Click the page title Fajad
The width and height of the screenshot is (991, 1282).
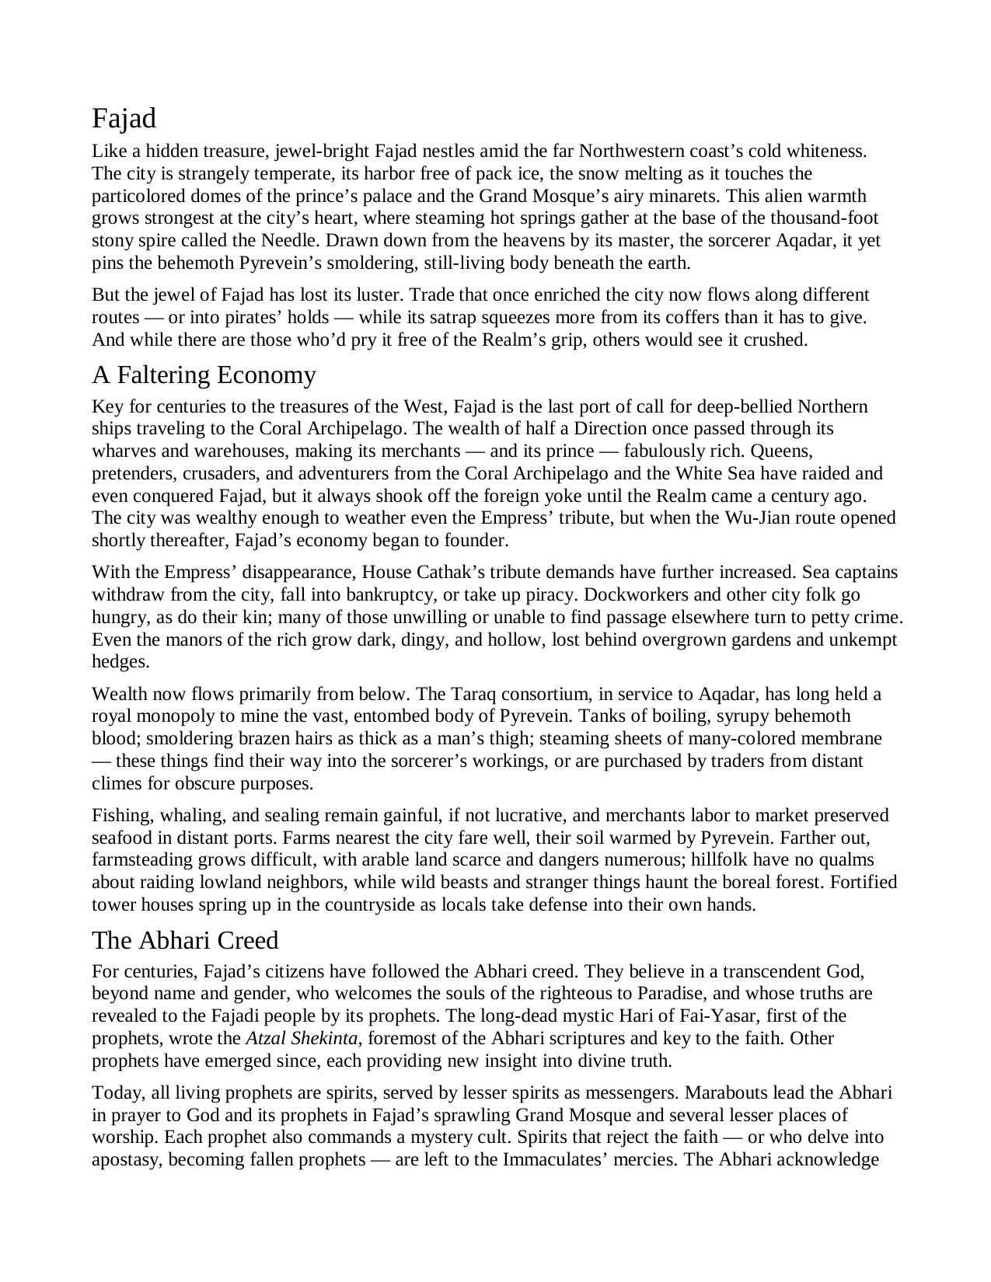(x=124, y=119)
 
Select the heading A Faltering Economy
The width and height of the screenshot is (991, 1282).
(x=204, y=375)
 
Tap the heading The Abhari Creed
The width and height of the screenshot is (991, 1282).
(x=185, y=940)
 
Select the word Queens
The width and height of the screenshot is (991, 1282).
(x=781, y=451)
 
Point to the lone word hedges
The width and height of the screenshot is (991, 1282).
(x=120, y=662)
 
